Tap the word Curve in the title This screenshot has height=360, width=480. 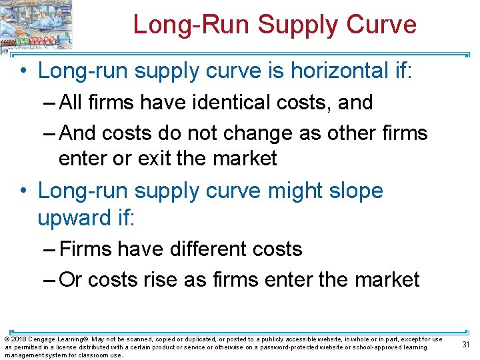tap(383, 25)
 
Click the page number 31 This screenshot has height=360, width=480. tap(466, 344)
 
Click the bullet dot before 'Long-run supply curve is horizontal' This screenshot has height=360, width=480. tap(23, 70)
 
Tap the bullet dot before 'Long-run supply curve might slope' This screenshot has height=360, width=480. tap(23, 191)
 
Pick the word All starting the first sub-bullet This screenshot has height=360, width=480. tap(71, 103)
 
